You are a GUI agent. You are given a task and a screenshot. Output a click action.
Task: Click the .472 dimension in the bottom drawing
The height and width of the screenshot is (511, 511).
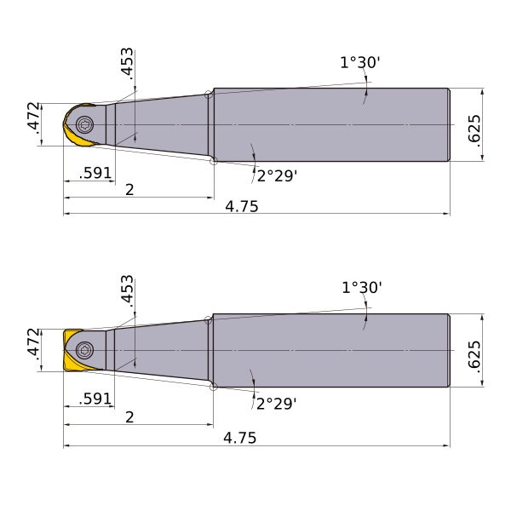tap(33, 344)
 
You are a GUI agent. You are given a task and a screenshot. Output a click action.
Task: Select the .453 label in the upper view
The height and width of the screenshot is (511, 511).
tap(127, 64)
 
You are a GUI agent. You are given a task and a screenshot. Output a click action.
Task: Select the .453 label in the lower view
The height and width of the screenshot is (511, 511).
tap(127, 291)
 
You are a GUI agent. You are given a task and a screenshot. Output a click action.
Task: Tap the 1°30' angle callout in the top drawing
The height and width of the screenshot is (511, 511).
tap(360, 62)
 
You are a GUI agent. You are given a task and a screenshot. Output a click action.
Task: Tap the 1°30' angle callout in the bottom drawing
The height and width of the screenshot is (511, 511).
tap(362, 288)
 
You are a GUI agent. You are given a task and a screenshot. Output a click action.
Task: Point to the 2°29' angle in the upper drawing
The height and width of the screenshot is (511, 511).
tap(277, 176)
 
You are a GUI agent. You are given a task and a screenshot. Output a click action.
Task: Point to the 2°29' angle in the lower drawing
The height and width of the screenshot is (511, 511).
tap(276, 404)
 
